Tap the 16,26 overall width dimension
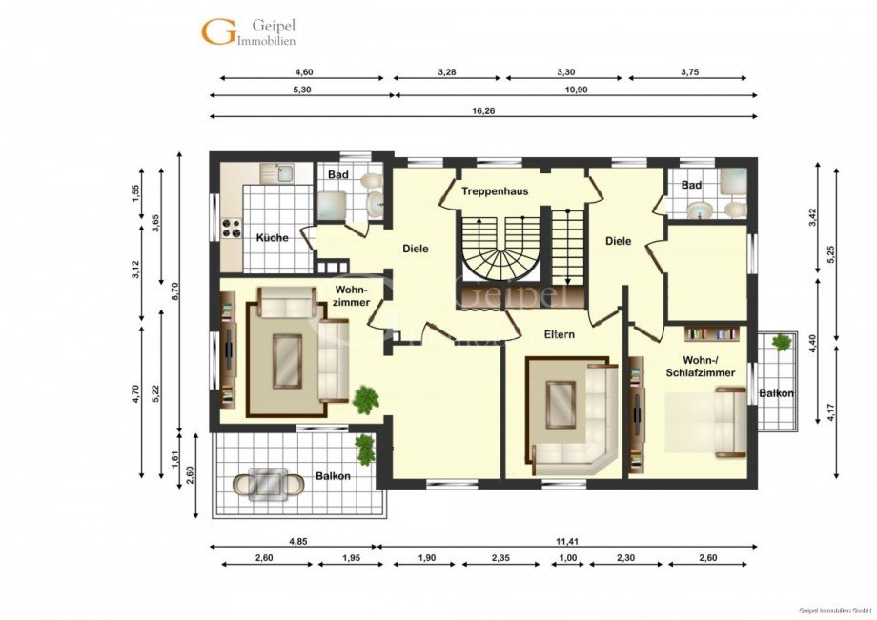coord(483,111)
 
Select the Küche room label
coord(273,238)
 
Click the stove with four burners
coord(232,228)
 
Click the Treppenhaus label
coord(495,191)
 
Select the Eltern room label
coord(560,334)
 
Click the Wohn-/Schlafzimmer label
coord(701,366)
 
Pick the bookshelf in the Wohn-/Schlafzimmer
coord(712,334)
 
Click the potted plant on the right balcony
coord(780,341)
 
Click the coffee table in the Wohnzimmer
coord(288,361)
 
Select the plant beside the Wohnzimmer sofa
coord(366,400)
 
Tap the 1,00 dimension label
coord(568,557)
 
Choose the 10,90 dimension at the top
coord(578,90)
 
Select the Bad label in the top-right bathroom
coord(691,185)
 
